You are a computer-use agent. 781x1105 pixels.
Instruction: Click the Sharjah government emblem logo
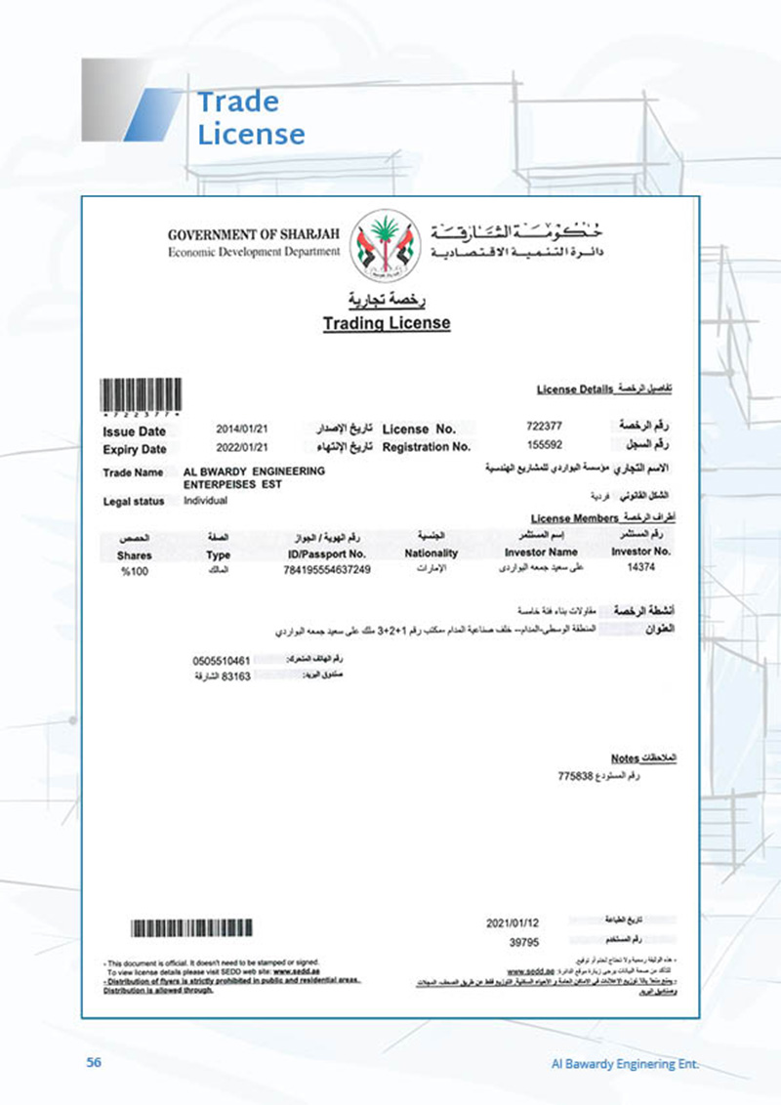tap(387, 244)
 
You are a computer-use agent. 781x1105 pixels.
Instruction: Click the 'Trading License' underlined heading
tap(387, 323)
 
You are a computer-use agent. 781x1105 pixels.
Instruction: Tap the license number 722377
tap(544, 427)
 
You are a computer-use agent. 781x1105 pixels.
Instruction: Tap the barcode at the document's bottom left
tap(192, 927)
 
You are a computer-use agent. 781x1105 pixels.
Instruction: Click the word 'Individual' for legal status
tap(205, 501)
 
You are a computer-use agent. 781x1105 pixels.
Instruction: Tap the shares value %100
tap(134, 571)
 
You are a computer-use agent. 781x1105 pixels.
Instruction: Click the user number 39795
tap(525, 942)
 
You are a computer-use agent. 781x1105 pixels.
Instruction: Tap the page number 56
tap(94, 1062)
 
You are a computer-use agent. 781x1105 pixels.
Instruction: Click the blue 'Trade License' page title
tap(250, 117)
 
